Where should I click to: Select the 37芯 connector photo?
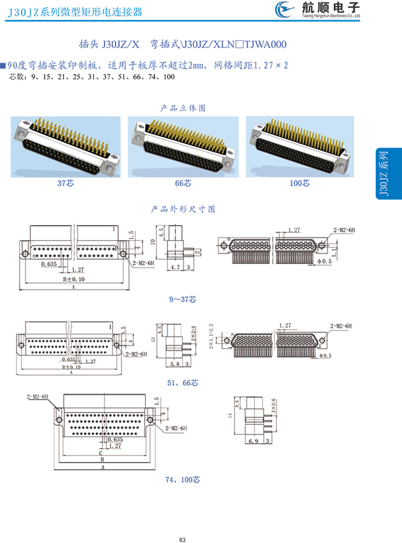click(65, 146)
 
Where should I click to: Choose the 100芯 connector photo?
click(300, 146)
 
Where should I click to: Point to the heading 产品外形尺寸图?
click(183, 209)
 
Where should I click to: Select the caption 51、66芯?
click(183, 382)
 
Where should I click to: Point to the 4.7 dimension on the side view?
click(174, 268)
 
